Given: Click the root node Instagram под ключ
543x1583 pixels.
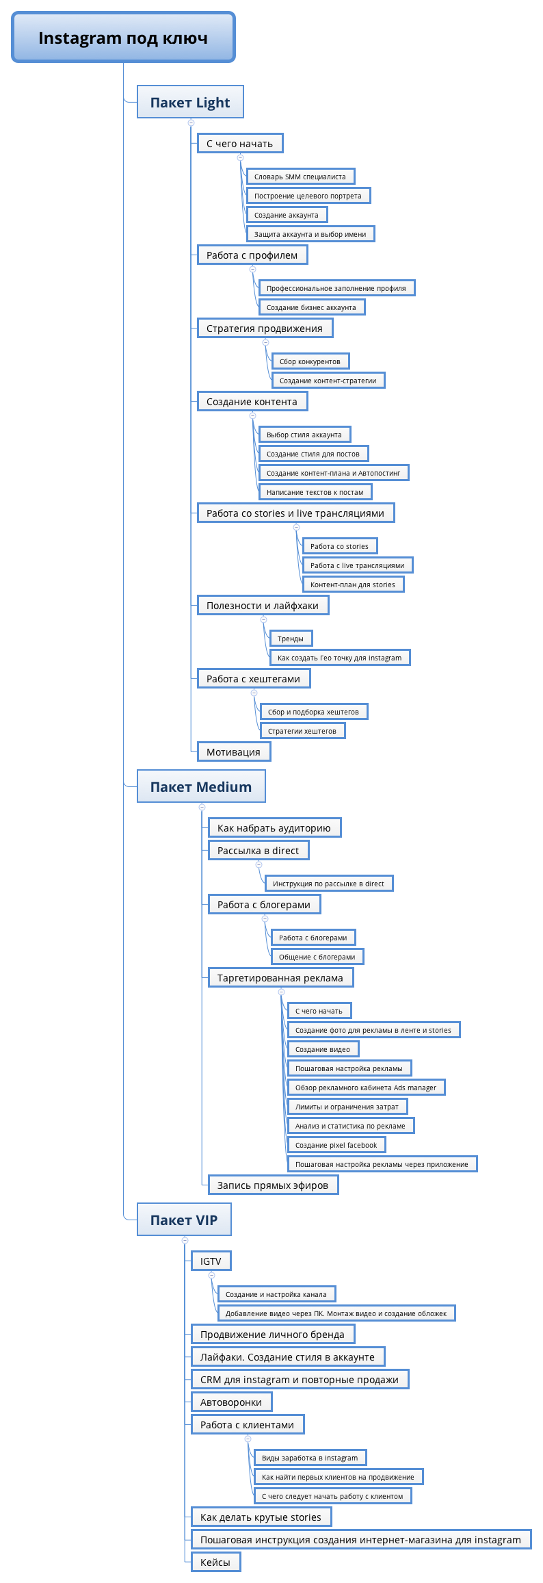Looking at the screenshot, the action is click(123, 37).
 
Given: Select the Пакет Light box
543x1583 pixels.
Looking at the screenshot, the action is click(190, 102).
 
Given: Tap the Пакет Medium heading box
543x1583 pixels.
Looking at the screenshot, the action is click(201, 786).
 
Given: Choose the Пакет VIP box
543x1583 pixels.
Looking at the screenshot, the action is click(184, 1220).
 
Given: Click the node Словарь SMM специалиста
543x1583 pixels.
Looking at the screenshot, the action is click(300, 177).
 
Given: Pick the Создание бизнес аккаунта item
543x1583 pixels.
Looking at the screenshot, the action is click(311, 307).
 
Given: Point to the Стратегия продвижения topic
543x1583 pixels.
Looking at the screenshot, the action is click(265, 328).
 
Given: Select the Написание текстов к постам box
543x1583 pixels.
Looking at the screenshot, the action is click(315, 492).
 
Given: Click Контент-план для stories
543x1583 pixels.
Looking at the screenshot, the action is click(353, 584).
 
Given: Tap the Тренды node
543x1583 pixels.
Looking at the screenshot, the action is click(291, 639).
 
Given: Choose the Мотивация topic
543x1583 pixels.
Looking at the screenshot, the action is click(234, 751).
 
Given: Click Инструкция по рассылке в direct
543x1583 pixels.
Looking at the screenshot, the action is click(328, 884).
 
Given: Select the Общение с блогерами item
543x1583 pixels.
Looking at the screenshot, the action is click(317, 957).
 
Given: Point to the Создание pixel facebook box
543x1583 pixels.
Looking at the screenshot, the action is click(336, 1145).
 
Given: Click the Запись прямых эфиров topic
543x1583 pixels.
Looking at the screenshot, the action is click(273, 1185).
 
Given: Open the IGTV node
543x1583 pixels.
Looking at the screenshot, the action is click(211, 1261).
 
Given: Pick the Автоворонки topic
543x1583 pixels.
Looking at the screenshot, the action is click(231, 1402).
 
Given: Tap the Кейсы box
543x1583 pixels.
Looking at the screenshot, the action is click(215, 1562).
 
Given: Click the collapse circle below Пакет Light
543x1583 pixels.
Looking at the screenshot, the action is click(191, 123).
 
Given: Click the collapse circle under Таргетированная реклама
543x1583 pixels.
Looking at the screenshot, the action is click(281, 992).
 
